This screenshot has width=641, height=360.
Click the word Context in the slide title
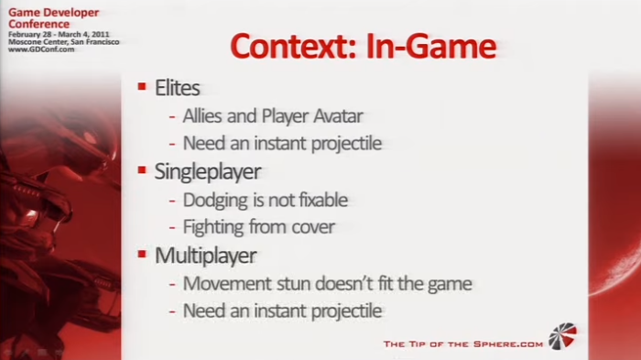pyautogui.click(x=293, y=46)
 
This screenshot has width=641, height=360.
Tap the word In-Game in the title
pyautogui.click(x=431, y=46)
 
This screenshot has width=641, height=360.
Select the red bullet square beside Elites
pyautogui.click(x=142, y=86)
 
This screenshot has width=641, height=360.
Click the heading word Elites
pyautogui.click(x=177, y=88)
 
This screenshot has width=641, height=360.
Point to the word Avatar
pyautogui.click(x=338, y=115)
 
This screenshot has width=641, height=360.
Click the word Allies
pyautogui.click(x=202, y=115)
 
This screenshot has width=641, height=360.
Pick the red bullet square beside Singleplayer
pyautogui.click(x=142, y=169)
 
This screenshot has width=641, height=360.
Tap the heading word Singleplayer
pyautogui.click(x=208, y=172)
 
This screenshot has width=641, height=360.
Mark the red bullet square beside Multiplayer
pyautogui.click(x=142, y=254)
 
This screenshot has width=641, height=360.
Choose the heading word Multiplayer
pyautogui.click(x=206, y=256)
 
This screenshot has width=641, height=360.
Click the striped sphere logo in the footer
pyautogui.click(x=562, y=336)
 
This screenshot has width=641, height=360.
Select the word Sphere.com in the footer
pyautogui.click(x=508, y=344)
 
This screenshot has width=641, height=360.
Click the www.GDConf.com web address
pyautogui.click(x=41, y=49)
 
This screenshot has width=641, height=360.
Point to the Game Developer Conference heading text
pyautogui.click(x=53, y=18)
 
